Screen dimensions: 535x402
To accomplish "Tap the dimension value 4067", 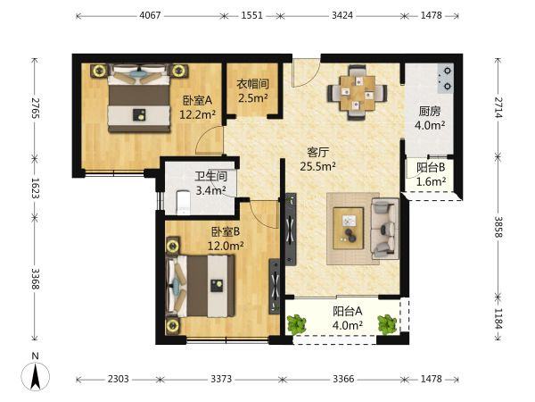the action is coord(150,15).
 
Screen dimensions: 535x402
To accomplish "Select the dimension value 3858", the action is coord(498,227).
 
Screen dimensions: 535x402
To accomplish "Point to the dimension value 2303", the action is coord(119,379).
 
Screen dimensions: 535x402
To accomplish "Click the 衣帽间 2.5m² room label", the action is coord(253,91).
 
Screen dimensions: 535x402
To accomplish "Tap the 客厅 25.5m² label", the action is coord(318,159).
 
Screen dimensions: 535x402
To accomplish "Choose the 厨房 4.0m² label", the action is coord(430,118).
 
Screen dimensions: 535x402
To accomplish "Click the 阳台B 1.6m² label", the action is coord(431,174).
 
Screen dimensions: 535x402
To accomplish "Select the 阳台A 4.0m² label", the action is coord(348,318).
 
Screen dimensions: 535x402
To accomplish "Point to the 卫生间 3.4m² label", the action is coord(210,183).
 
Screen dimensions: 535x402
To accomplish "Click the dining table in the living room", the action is coord(358,93).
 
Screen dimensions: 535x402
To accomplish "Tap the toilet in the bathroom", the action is coord(183,203).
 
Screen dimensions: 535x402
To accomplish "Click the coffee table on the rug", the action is coord(349,228).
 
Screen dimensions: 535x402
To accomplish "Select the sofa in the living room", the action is coord(385,228).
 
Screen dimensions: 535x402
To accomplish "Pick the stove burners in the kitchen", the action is coord(446,79).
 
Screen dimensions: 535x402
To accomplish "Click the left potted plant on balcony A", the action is coord(296,323).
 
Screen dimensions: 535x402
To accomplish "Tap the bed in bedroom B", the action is coord(201,286).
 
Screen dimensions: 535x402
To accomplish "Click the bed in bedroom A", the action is coord(138,98).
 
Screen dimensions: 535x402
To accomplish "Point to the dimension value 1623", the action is coord(36,188).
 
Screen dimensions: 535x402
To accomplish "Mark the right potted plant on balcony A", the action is coord(387,323).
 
